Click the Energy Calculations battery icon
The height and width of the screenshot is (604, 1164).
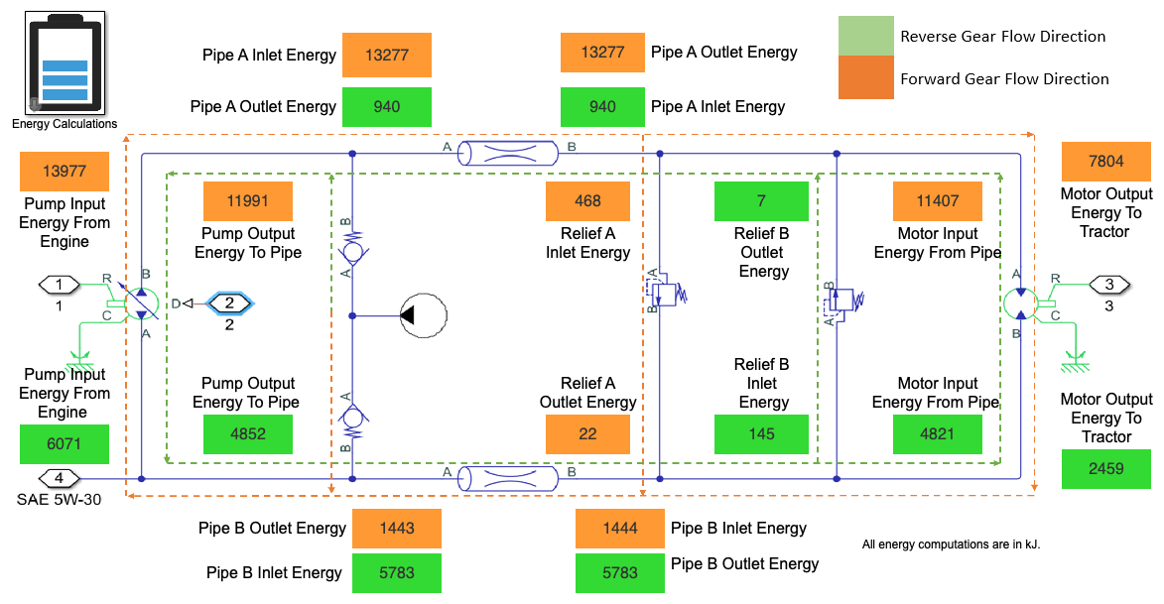coord(64,65)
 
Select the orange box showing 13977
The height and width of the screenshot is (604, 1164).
coord(65,172)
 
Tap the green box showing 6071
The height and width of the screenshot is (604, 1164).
coord(65,444)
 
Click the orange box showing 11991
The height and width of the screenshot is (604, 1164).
coord(248,201)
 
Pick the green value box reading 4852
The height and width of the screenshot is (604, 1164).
coord(248,434)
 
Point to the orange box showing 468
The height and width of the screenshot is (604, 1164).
coord(587,201)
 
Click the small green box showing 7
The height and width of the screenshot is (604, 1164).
coord(761,201)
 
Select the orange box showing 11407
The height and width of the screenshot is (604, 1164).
coord(938,201)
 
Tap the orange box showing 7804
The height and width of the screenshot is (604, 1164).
coord(1106,162)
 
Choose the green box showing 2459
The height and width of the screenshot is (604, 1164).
coord(1106,468)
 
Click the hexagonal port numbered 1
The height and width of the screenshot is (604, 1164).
coord(60,286)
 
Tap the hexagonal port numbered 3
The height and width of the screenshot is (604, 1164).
coord(1109,286)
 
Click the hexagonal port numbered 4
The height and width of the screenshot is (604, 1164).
coord(60,479)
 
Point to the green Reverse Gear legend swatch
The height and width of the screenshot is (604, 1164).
coord(865,36)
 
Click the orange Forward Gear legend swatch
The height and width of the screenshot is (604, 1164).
coord(865,78)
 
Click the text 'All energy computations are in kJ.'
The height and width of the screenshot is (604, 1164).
coord(951,544)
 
